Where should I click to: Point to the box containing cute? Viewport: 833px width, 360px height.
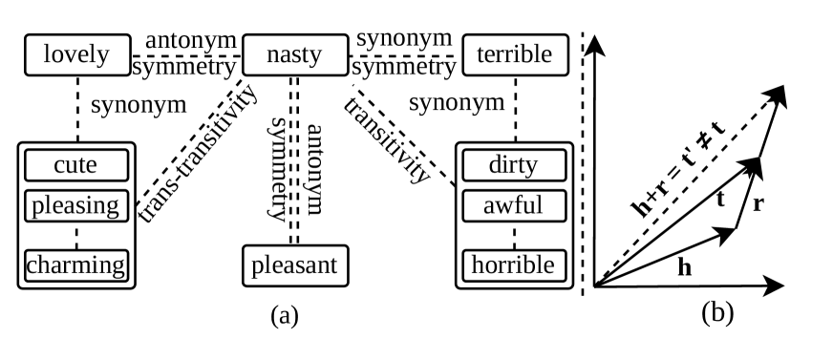tap(75, 166)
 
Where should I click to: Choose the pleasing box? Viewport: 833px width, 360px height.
tap(75, 205)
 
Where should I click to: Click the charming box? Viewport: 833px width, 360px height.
tap(75, 263)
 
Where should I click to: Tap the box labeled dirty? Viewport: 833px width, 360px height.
tap(515, 166)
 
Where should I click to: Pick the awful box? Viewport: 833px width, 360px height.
tap(515, 205)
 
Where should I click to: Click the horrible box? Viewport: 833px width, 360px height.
tap(515, 263)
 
